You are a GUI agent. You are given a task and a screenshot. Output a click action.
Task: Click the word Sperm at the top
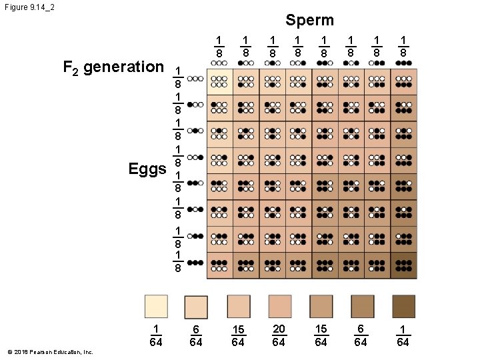309,20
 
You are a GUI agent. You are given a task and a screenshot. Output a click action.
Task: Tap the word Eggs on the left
147,169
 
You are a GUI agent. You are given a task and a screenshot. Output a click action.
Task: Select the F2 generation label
113,67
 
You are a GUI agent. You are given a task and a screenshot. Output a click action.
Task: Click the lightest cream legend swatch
156,307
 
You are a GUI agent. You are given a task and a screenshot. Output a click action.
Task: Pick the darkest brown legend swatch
403,307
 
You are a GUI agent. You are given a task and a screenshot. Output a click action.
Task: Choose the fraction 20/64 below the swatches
279,335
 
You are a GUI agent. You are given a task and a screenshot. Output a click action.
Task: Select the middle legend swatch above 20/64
280,307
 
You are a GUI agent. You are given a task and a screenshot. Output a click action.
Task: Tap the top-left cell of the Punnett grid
219,81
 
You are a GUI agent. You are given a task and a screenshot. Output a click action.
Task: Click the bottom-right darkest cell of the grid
403,265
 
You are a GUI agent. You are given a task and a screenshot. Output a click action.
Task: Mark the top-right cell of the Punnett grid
403,81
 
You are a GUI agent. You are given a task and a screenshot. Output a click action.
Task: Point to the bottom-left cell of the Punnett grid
219,265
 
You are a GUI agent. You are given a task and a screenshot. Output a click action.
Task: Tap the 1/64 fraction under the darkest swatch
403,335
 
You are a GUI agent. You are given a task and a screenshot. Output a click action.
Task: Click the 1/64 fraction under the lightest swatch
155,335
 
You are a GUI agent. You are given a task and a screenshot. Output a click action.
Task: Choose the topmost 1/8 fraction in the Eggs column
177,78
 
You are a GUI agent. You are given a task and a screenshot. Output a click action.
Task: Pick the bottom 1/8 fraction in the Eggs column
177,262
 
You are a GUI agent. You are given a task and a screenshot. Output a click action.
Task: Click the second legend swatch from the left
197,307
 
